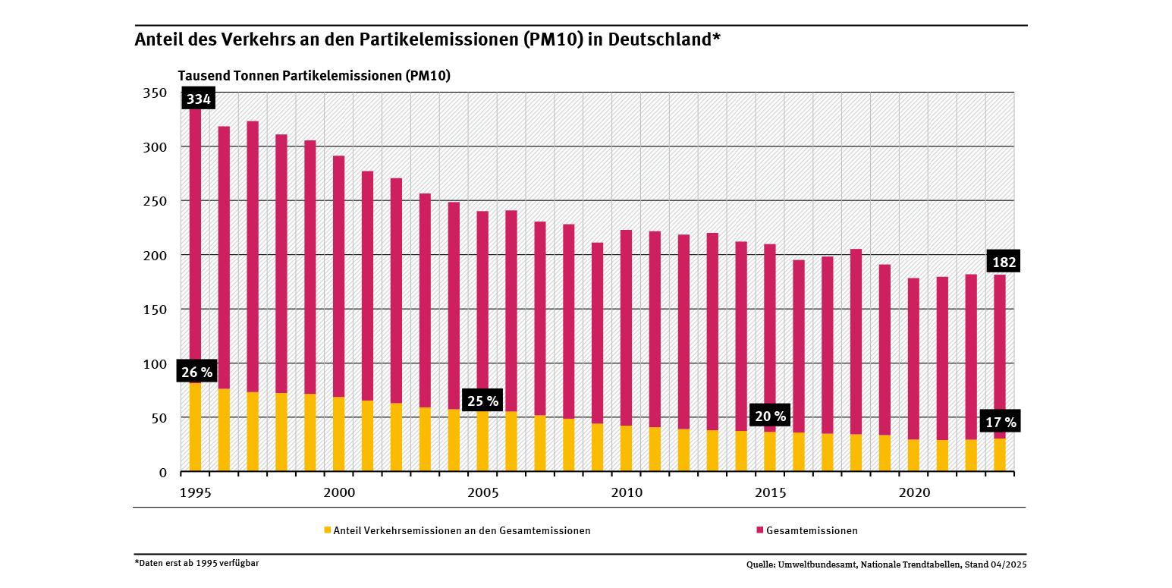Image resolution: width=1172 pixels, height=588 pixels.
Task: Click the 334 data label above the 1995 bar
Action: pos(198,99)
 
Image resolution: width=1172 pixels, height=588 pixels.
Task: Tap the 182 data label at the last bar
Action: pos(1004,263)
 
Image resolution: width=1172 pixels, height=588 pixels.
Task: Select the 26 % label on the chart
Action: pos(197,373)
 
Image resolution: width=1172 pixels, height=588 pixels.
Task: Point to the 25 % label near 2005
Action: pos(482,401)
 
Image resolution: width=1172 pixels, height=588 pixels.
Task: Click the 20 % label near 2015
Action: pos(769,417)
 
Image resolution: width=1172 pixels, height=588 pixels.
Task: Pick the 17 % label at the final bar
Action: pos(1001,422)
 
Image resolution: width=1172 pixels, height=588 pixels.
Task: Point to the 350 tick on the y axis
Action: pos(154,93)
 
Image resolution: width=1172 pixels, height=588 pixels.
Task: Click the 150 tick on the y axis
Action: pos(154,310)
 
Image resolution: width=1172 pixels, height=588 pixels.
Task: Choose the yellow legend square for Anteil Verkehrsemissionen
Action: pos(327,530)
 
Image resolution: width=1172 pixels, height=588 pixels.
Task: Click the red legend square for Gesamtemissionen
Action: pos(759,530)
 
